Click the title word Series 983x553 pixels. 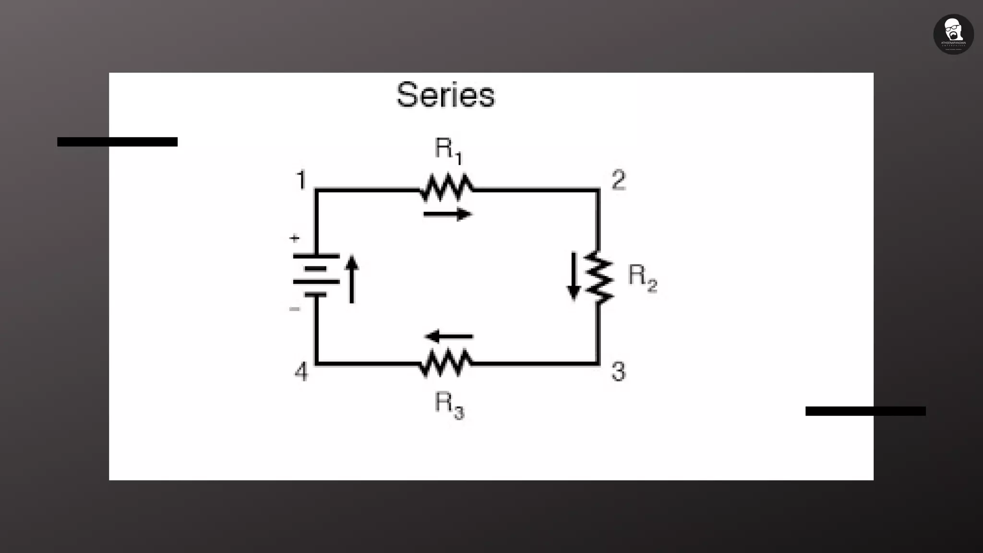click(x=445, y=95)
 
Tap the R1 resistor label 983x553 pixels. click(x=448, y=150)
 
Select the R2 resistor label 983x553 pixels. click(x=642, y=277)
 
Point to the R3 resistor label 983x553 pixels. click(x=449, y=404)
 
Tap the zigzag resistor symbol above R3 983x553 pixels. click(x=445, y=363)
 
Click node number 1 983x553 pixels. click(x=301, y=180)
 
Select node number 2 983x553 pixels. click(x=619, y=180)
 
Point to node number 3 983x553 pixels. click(x=619, y=372)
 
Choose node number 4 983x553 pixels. click(x=301, y=372)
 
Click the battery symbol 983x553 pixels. click(x=316, y=275)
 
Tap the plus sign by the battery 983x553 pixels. click(x=294, y=238)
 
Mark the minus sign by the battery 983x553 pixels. click(x=294, y=309)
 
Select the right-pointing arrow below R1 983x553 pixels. click(x=447, y=214)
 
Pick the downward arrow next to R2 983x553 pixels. click(x=573, y=276)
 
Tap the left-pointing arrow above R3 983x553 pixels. click(x=449, y=337)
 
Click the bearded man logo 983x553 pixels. click(x=953, y=34)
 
